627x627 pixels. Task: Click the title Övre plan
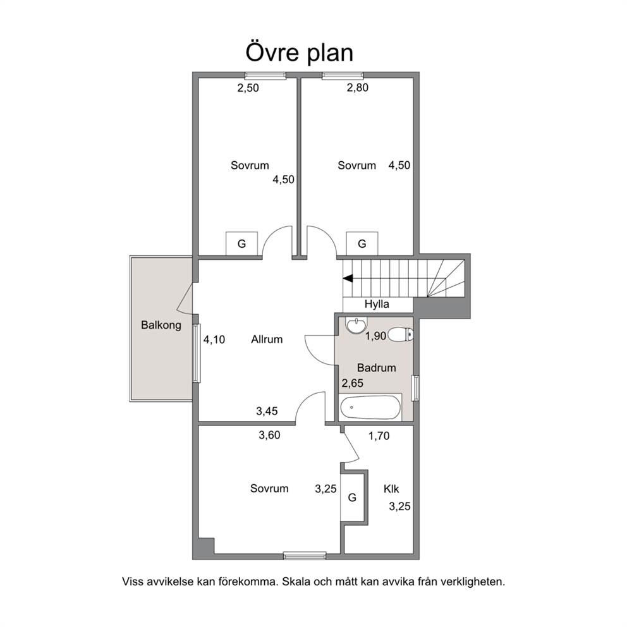pyautogui.click(x=299, y=53)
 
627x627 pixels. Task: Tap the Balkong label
pyautogui.click(x=161, y=325)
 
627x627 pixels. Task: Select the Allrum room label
pyautogui.click(x=267, y=339)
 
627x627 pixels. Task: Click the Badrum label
pyautogui.click(x=376, y=368)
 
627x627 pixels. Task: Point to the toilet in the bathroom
pyautogui.click(x=401, y=335)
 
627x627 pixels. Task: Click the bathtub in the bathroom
pyautogui.click(x=370, y=408)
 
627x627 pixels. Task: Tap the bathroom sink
pyautogui.click(x=356, y=326)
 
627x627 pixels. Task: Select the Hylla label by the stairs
pyautogui.click(x=377, y=304)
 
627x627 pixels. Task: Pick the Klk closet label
pyautogui.click(x=391, y=489)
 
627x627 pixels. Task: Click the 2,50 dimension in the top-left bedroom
pyautogui.click(x=248, y=88)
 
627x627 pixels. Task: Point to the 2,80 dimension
pyautogui.click(x=358, y=88)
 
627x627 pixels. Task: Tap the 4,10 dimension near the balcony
pyautogui.click(x=214, y=340)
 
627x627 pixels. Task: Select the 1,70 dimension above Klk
pyautogui.click(x=379, y=436)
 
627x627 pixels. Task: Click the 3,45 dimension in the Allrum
pyautogui.click(x=267, y=411)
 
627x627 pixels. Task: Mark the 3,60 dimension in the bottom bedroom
pyautogui.click(x=269, y=435)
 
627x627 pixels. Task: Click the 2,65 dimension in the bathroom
pyautogui.click(x=352, y=384)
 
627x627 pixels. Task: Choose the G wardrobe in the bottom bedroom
pyautogui.click(x=352, y=497)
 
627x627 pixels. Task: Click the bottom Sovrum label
pyautogui.click(x=269, y=489)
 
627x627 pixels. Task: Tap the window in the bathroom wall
pyautogui.click(x=416, y=388)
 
